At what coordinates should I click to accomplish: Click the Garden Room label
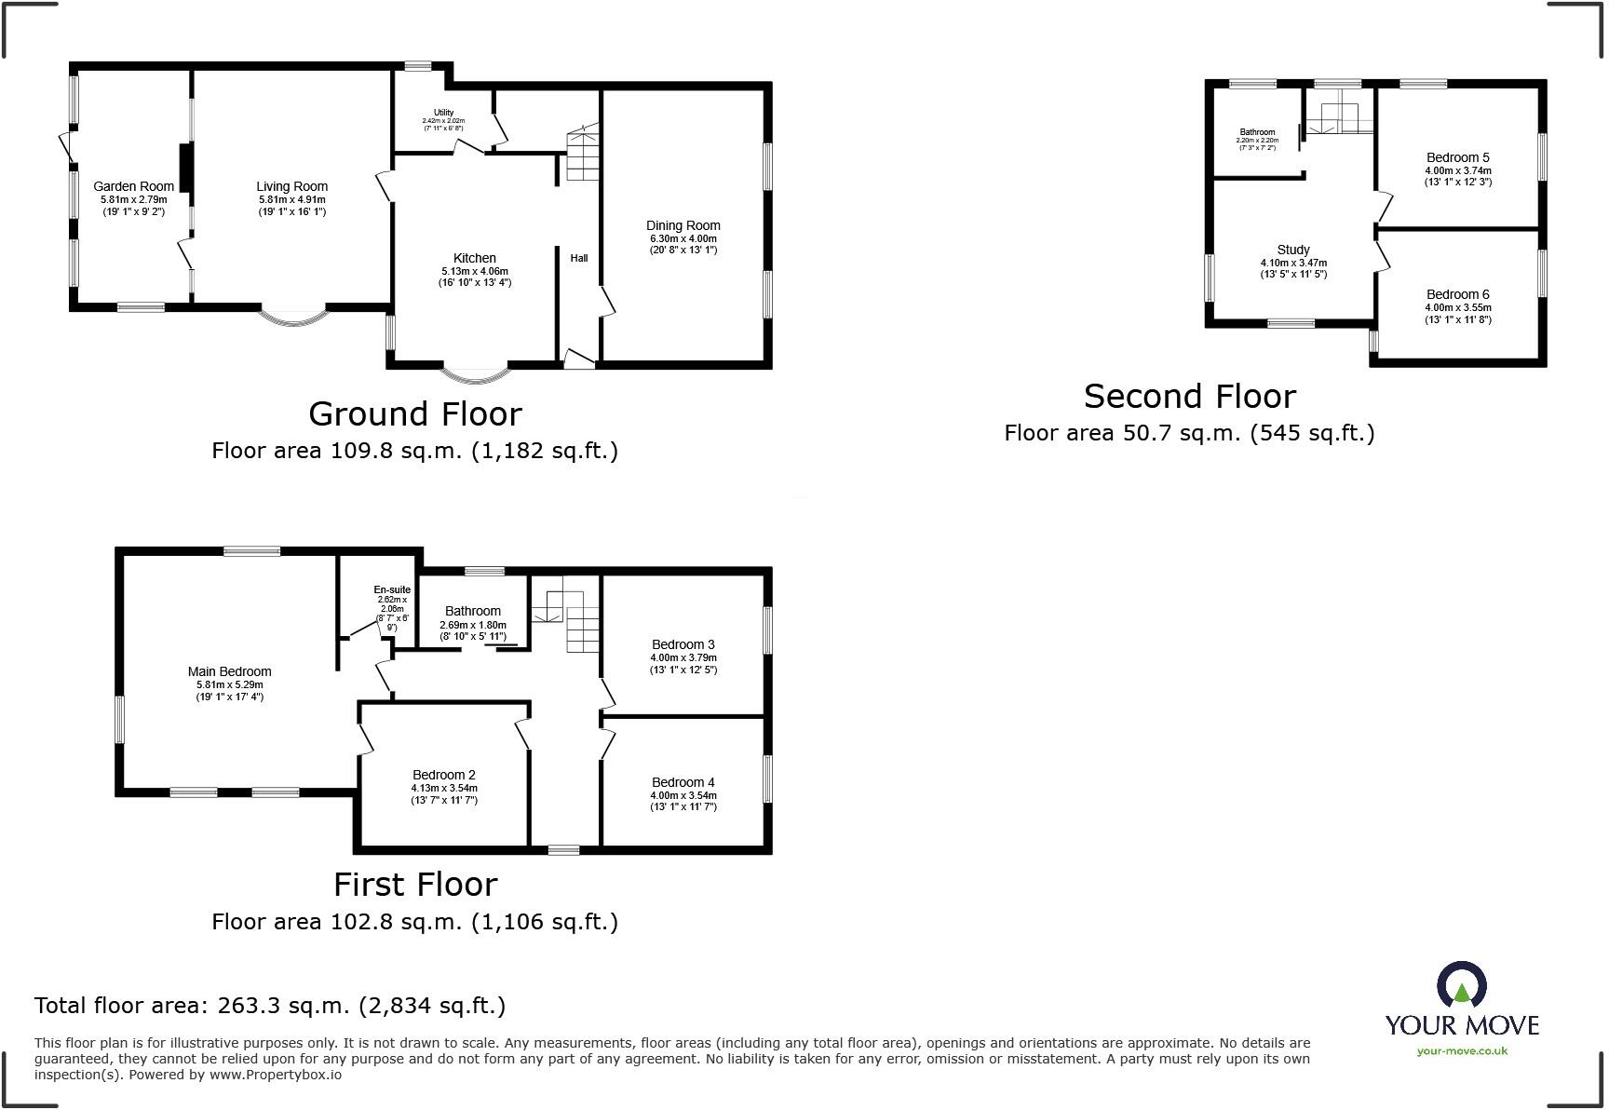(133, 186)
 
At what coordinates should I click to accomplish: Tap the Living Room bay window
(292, 317)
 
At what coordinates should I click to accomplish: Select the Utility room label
(443, 113)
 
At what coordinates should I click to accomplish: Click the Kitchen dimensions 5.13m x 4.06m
(474, 271)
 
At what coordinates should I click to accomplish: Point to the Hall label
(579, 258)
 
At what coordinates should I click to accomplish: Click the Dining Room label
(683, 225)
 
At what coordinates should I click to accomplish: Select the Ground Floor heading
(415, 413)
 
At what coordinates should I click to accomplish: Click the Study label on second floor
(1293, 250)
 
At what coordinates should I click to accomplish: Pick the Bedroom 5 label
(1457, 157)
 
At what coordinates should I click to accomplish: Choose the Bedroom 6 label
(1457, 294)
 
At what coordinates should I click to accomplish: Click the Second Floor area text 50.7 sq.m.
(1189, 433)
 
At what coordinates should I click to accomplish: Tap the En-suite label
(392, 589)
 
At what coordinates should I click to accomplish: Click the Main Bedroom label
(229, 671)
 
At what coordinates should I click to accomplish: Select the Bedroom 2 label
(444, 775)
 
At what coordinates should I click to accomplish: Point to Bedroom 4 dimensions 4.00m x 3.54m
(683, 795)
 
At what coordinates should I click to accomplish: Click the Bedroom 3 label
(683, 644)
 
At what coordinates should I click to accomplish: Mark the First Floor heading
(415, 884)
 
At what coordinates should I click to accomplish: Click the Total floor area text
(270, 1006)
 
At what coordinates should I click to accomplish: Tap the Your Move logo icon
(1461, 985)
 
